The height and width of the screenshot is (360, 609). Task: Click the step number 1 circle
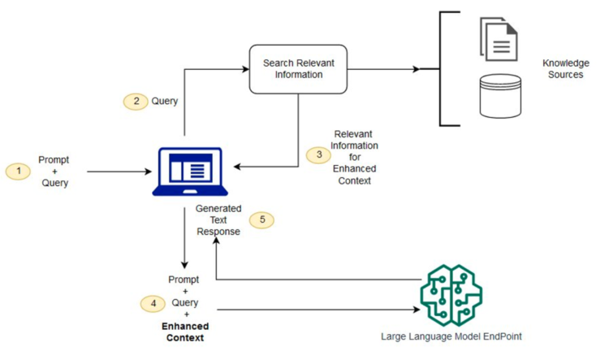[x=16, y=171]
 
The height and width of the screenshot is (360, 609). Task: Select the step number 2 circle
[x=134, y=102]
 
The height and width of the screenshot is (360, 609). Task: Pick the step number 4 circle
[x=152, y=303]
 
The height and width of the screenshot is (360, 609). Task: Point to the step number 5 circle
[x=261, y=219]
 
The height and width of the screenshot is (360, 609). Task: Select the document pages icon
[x=498, y=38]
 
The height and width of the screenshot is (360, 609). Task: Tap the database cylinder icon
[x=497, y=96]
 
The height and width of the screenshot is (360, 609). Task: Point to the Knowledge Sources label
[x=567, y=68]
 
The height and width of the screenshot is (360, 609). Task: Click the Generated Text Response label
[x=218, y=219]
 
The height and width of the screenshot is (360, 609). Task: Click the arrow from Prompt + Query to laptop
[x=118, y=171]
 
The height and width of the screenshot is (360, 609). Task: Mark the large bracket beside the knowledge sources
[x=443, y=69]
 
